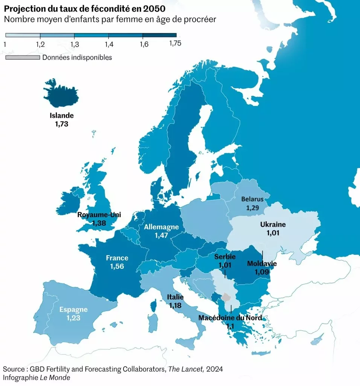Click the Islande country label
(61, 116)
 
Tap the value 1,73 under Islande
(61, 124)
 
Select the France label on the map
(117, 258)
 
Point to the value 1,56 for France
(117, 267)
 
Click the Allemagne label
(161, 227)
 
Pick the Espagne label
(73, 310)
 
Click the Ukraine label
(273, 225)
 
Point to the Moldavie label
(262, 263)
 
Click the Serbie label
(225, 257)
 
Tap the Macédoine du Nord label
(230, 318)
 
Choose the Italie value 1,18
(176, 305)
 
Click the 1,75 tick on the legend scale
(175, 43)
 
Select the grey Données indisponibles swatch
(22, 58)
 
